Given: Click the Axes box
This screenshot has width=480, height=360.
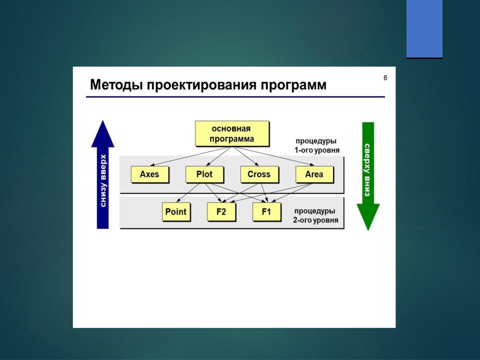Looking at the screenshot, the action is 149,174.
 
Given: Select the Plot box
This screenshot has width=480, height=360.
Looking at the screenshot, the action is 204,174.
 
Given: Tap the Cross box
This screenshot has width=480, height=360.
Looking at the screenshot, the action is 259,174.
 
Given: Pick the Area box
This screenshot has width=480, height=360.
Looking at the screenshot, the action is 314,174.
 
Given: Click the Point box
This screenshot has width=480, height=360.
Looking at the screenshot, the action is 176,212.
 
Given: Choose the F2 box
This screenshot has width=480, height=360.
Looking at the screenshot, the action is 221,212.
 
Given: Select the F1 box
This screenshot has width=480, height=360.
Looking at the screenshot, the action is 266,212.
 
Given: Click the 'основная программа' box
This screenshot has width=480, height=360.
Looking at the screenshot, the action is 232,134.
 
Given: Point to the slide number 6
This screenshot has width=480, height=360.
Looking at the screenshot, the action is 385,78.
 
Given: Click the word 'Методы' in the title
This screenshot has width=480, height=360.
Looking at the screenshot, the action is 116,85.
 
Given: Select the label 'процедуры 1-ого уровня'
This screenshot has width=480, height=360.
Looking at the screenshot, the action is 317,145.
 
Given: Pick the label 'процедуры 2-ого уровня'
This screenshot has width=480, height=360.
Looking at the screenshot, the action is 315,215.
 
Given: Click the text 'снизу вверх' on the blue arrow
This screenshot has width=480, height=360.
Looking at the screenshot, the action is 103,180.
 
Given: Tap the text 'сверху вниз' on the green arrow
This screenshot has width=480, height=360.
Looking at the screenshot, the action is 367,170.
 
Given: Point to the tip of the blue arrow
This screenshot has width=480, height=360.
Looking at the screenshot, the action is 103,120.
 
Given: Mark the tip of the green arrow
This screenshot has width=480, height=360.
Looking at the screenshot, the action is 368,230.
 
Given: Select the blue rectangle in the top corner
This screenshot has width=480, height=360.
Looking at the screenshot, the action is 424,29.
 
